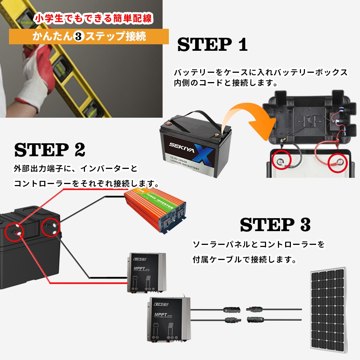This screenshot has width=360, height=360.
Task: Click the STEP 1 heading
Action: coord(212,45)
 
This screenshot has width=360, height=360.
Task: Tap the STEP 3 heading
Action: coord(275,225)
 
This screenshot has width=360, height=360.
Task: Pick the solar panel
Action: coord(328,309)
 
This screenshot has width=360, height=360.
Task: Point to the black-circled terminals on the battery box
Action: coord(50,229)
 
